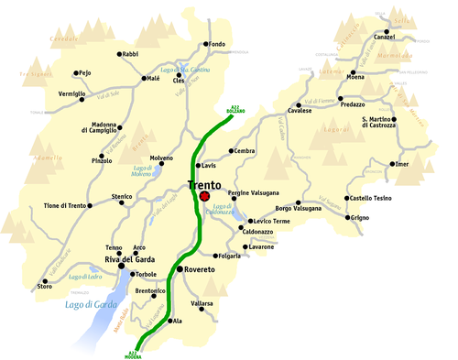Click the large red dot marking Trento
204,196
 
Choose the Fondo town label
216,44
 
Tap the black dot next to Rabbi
120,54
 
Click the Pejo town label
84,72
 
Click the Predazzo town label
353,105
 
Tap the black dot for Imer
392,164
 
